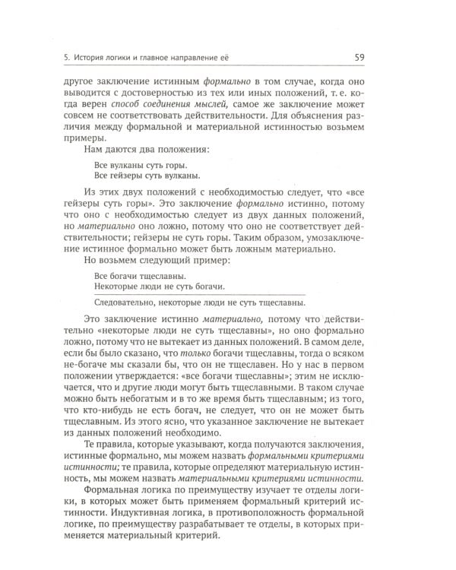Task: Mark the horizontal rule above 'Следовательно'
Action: click(x=201, y=295)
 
